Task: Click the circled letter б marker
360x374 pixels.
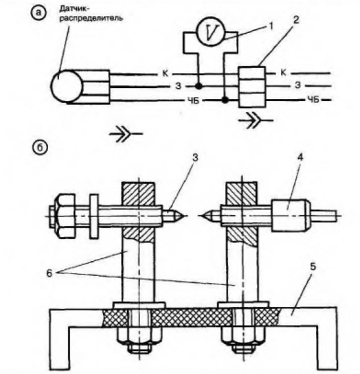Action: (40, 147)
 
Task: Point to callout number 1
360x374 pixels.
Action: (270, 26)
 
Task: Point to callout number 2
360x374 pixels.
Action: (295, 20)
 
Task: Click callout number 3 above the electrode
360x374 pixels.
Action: (196, 158)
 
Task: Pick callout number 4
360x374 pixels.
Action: (300, 157)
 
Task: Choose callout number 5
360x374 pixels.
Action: (313, 267)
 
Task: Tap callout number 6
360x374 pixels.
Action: (49, 273)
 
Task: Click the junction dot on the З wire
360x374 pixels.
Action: (198, 86)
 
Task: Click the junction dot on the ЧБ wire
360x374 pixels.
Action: (224, 100)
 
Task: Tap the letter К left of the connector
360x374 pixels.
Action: (165, 74)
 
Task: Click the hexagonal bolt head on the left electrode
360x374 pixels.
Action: (63, 216)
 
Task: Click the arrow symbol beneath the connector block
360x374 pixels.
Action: (256, 120)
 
